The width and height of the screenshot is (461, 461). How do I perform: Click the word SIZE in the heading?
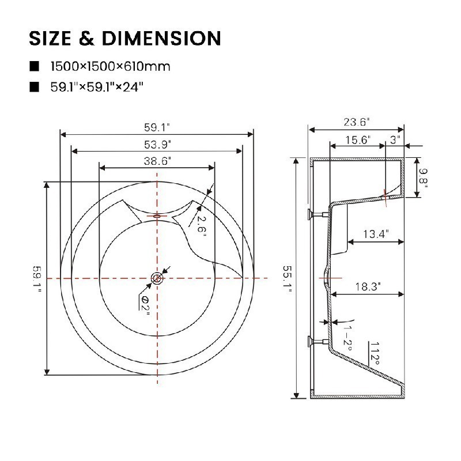50,38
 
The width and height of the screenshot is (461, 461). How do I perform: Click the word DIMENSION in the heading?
161,38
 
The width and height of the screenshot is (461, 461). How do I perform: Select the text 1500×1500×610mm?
110,66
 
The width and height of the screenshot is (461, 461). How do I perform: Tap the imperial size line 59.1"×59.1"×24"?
97,87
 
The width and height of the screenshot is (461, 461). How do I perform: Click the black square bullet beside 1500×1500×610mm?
34,66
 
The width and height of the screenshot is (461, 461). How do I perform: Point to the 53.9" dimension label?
157,145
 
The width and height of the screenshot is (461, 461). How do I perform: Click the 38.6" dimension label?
157,161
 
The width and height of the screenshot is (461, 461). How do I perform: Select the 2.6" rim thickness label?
202,224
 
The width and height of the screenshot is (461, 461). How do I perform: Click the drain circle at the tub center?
157,278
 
